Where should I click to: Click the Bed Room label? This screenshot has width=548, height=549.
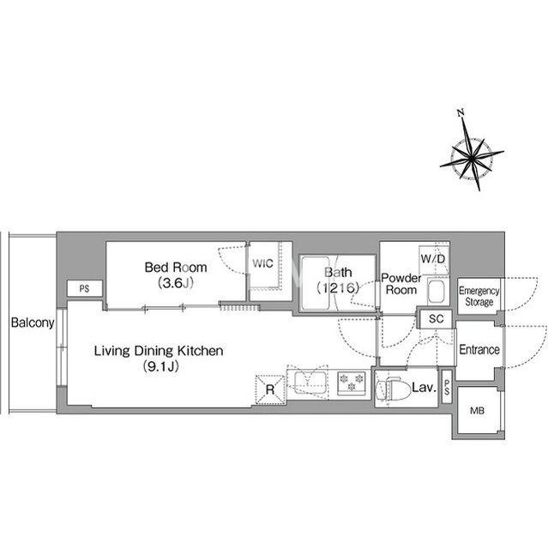click(x=176, y=268)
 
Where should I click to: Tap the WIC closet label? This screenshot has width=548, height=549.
click(x=262, y=263)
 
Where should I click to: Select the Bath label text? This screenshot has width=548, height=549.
click(x=338, y=272)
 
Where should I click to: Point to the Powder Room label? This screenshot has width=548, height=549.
click(x=401, y=284)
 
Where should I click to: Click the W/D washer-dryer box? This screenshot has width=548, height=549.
click(x=433, y=259)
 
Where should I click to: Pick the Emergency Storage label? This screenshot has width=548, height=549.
click(x=479, y=296)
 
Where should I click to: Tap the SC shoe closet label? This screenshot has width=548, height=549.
click(x=436, y=318)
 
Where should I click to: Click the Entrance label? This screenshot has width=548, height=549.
click(x=479, y=349)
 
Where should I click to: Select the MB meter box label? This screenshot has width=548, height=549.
click(x=477, y=410)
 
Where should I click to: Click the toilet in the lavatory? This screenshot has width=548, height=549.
click(x=393, y=389)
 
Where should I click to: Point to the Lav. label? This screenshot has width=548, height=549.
click(x=425, y=388)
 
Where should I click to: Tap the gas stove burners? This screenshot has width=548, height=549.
click(x=352, y=381)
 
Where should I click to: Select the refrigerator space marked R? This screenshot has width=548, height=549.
click(x=270, y=389)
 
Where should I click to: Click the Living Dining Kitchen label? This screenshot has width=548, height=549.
click(x=159, y=351)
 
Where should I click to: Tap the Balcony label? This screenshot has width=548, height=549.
click(x=33, y=323)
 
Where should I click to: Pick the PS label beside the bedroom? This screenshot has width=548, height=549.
click(x=84, y=288)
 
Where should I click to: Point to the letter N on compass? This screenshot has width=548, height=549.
click(x=461, y=112)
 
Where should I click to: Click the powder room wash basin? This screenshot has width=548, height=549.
click(x=436, y=292)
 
